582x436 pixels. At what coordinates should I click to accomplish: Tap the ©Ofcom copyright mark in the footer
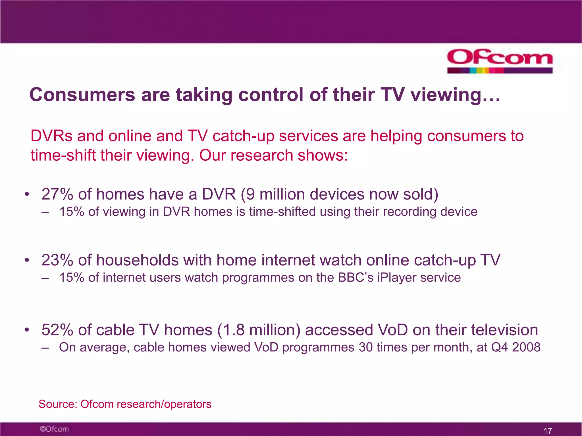54,429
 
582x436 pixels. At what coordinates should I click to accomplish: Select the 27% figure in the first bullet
57,194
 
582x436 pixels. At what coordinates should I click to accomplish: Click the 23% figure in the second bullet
57,260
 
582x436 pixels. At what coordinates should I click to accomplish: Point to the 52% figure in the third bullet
57,330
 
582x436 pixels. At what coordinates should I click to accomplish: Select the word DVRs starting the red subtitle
51,136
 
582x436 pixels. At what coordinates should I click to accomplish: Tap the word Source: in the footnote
58,404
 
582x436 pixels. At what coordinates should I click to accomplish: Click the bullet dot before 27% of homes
27,195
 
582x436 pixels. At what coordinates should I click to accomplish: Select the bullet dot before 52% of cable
27,330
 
